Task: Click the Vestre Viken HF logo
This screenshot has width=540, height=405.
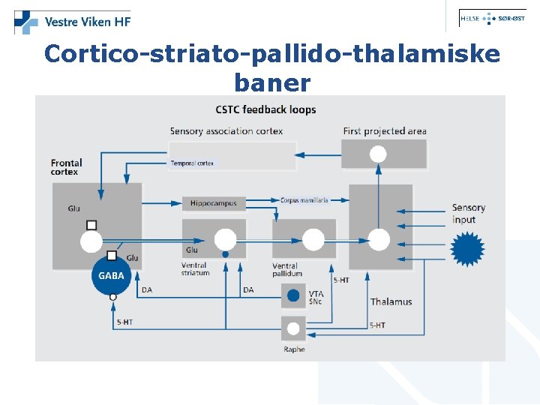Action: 72,22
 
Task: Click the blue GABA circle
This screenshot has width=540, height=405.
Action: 111,275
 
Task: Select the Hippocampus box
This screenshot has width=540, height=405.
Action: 214,202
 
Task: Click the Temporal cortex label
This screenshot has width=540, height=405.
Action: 193,163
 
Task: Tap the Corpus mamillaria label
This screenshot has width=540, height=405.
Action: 304,200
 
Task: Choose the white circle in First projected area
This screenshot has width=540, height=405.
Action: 378,154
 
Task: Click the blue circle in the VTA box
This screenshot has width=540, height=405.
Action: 293,295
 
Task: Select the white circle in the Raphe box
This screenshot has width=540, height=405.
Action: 293,328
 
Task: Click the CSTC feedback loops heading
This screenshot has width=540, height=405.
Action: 265,109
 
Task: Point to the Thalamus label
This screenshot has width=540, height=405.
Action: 391,301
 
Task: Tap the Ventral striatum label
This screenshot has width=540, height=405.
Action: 195,269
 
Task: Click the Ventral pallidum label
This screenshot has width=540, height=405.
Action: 285,269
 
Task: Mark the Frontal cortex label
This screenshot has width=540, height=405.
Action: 66,166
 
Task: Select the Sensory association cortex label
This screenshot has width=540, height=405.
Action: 226,131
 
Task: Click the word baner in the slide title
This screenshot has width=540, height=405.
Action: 271,80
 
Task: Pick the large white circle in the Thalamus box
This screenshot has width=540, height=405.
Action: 379,239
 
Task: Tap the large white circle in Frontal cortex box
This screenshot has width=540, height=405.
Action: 91,241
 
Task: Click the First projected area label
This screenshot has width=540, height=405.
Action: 385,131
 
